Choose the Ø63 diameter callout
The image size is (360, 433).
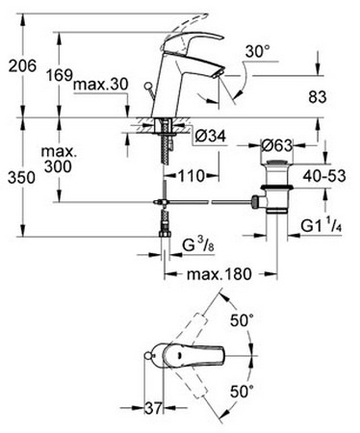pos(278,145)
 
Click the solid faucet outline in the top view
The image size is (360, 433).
pos(190,356)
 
